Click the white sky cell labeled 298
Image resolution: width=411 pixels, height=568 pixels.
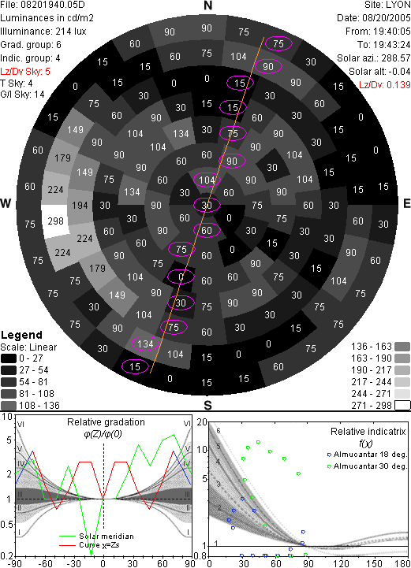pyautogui.click(x=55, y=221)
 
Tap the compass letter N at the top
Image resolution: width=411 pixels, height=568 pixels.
pyautogui.click(x=207, y=6)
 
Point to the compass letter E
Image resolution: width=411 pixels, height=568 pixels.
pyautogui.click(x=407, y=203)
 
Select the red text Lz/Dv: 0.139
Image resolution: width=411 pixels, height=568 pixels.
pyautogui.click(x=384, y=85)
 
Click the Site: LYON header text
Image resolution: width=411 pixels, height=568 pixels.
pyautogui.click(x=387, y=5)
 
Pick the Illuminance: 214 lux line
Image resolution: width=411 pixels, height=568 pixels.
pyautogui.click(x=43, y=32)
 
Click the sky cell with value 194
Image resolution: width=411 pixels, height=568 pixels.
pyautogui.click(x=80, y=206)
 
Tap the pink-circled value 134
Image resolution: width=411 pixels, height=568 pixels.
pyautogui.click(x=145, y=343)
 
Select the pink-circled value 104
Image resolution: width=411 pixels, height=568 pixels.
pyautogui.click(x=207, y=180)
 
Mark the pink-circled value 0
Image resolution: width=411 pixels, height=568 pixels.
pyautogui.click(x=181, y=277)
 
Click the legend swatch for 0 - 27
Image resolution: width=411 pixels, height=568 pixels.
pyautogui.click(x=9, y=358)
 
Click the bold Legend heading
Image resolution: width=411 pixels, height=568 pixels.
pyautogui.click(x=21, y=335)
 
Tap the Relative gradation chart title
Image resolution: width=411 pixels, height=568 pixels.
pyautogui.click(x=106, y=422)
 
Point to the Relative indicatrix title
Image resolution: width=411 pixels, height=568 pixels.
pyautogui.click(x=368, y=432)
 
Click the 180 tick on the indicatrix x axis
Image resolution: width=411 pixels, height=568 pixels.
pyautogui.click(x=403, y=563)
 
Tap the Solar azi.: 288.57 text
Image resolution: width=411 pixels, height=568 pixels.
pyautogui.click(x=374, y=58)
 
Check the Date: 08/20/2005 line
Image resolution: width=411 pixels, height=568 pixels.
pyautogui.click(x=374, y=18)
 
